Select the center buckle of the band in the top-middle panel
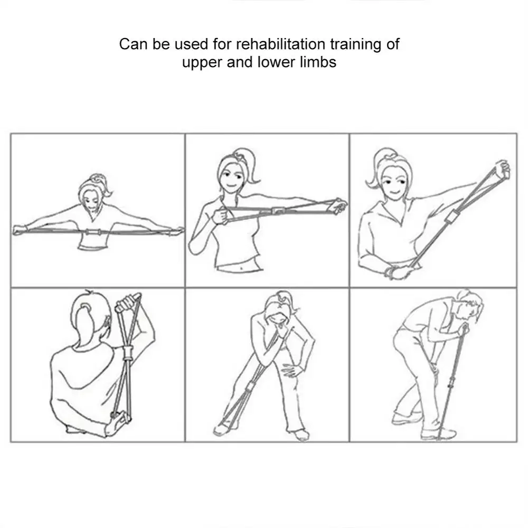click(x=277, y=211)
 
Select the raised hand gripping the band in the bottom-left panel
click(x=127, y=302)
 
